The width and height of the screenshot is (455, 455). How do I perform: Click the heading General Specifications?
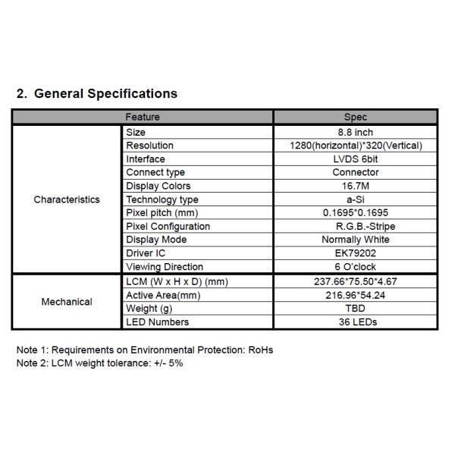click(x=97, y=94)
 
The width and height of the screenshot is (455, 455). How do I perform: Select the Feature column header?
click(x=143, y=118)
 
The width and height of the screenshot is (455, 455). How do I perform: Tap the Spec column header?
click(x=355, y=118)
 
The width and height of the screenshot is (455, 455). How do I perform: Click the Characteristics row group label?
click(x=67, y=199)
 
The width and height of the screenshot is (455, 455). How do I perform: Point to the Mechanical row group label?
click(x=67, y=302)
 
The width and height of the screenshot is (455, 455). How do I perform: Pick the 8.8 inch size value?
click(x=356, y=132)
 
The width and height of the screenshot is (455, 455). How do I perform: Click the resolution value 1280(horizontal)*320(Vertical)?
click(x=356, y=146)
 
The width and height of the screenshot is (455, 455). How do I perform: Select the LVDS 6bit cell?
click(x=356, y=159)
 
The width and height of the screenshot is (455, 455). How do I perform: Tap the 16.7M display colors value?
click(x=356, y=186)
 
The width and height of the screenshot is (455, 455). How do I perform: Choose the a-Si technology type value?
click(x=356, y=199)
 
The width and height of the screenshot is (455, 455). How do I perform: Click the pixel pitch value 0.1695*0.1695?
click(x=356, y=213)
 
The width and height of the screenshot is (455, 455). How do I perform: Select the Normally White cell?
click(x=356, y=240)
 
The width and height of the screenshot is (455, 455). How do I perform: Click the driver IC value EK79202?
click(x=356, y=253)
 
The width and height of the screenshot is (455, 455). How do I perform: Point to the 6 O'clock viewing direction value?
click(x=356, y=267)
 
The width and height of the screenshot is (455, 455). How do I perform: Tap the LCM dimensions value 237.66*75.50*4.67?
click(x=356, y=282)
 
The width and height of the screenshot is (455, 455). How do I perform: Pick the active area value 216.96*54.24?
click(x=356, y=295)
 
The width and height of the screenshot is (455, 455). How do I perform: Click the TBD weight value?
click(x=356, y=309)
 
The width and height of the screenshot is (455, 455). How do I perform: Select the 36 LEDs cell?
click(x=356, y=322)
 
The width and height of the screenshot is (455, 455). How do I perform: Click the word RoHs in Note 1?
click(x=260, y=350)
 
